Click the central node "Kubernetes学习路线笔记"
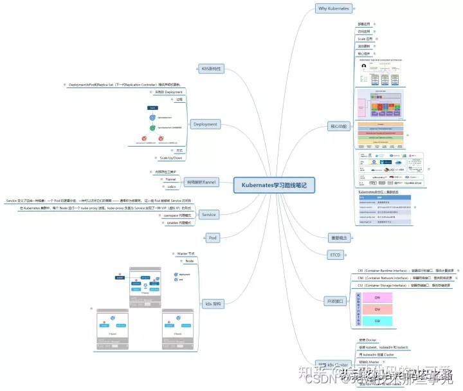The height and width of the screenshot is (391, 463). coord(274,185)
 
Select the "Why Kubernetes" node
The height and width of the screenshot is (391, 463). coord(334,8)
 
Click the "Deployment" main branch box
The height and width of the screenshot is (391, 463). coord(205,124)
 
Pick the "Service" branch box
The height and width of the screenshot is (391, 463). coord(209,214)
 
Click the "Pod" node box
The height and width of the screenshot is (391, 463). coord(212,238)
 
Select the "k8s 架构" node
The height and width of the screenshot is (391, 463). coord(213,304)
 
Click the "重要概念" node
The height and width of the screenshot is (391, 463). coord(338,238)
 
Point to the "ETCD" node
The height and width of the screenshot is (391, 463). coord(335,255)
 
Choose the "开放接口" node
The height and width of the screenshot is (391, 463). coord(336,300)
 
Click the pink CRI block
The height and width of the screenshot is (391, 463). coord(377,298)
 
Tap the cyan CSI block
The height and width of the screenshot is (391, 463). coord(377,321)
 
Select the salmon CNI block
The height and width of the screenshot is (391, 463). coord(377,310)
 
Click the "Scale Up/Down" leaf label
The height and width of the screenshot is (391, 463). coord(171,157)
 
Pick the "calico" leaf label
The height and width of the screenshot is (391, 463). coord(171,186)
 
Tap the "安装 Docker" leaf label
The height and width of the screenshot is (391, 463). coord(367,339)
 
